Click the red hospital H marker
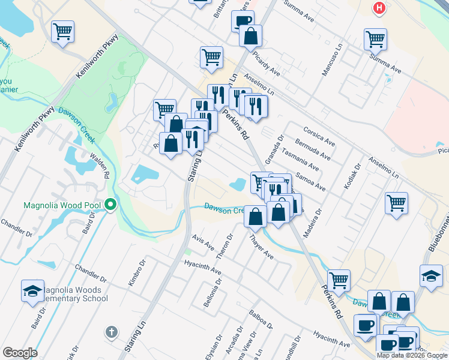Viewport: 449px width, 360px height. tap(379, 8)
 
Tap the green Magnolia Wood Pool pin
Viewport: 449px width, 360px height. tap(110, 205)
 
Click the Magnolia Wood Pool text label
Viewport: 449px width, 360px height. tap(62, 205)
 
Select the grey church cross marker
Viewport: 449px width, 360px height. tap(110, 332)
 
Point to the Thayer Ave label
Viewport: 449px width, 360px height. tap(261, 247)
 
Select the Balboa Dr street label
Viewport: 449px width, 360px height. tap(261, 320)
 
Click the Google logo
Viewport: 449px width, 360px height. tap(20, 353)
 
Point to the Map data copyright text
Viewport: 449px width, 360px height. tap(411, 355)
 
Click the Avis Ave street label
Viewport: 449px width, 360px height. tap(203, 242)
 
